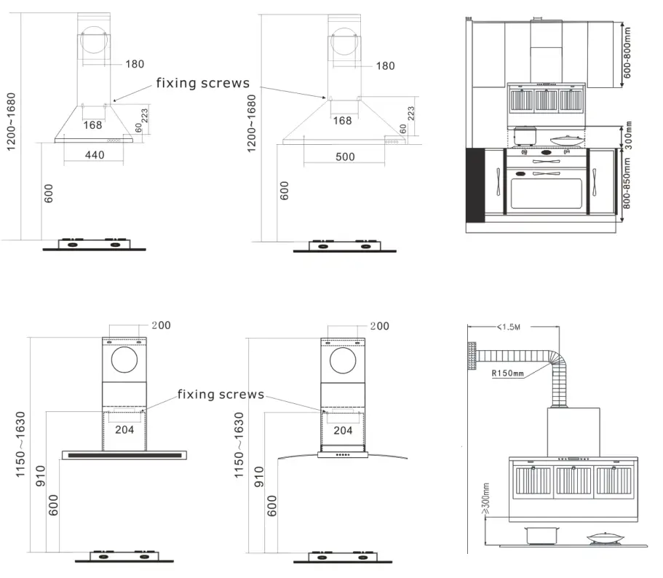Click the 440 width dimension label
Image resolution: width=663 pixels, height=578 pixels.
coord(95,155)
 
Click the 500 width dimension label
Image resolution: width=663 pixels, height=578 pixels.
coord(346,157)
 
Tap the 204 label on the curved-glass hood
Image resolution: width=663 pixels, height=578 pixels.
coord(343,430)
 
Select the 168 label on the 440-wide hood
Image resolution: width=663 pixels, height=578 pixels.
coord(92,125)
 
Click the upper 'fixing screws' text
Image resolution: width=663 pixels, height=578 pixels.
coord(202,83)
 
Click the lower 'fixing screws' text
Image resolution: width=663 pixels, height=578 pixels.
coord(221,395)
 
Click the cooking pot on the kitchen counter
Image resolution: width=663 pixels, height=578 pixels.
coord(525,136)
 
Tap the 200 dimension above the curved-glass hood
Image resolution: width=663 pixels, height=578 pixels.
coord(378,326)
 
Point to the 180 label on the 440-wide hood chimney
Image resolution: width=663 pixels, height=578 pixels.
coord(135,64)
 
